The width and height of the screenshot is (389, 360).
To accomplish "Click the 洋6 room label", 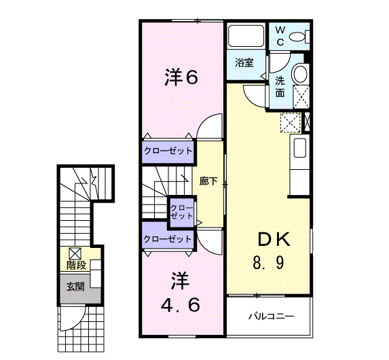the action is pos(181,77).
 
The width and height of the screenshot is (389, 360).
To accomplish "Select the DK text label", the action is pos(274,239).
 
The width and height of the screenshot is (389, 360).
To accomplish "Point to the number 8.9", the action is pos(268,263).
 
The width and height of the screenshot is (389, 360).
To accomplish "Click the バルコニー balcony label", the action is pos(272,317).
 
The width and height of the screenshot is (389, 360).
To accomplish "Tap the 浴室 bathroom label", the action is pos(244,62).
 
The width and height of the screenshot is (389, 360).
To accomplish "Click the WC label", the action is pos(280,36).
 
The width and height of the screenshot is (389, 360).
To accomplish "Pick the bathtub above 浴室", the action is pos(246,35).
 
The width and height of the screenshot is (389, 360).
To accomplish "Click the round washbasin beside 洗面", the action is pos(301,74).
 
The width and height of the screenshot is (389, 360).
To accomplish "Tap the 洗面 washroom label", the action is pos(280,87).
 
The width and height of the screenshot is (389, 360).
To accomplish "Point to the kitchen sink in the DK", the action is pos(299,147).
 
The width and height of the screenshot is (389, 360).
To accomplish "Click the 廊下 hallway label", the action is pos(208,181).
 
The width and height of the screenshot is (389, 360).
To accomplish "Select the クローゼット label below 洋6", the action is pos(168,151).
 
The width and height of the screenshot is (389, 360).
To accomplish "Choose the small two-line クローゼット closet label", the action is pos(181,212).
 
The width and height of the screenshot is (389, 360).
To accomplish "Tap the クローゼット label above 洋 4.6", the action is pos(168,239).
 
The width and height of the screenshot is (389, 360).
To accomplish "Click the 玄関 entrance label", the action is pos(75,287).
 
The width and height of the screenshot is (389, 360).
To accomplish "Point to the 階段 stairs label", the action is pos(76,266).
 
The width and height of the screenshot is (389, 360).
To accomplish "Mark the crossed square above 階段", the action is pos(75,253).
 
